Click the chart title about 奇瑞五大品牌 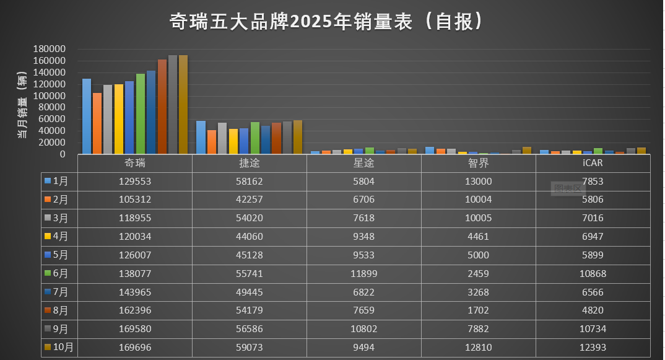click(326, 22)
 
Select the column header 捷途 click(249, 164)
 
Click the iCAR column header click(593, 164)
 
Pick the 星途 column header click(363, 164)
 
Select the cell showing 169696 click(134, 348)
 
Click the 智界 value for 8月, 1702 click(479, 310)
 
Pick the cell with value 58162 click(249, 181)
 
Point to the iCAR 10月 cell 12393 click(593, 348)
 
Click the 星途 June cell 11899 click(363, 273)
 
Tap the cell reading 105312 click(134, 200)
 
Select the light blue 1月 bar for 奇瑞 click(87, 116)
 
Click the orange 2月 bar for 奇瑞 click(97, 123)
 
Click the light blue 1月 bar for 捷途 click(201, 137)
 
